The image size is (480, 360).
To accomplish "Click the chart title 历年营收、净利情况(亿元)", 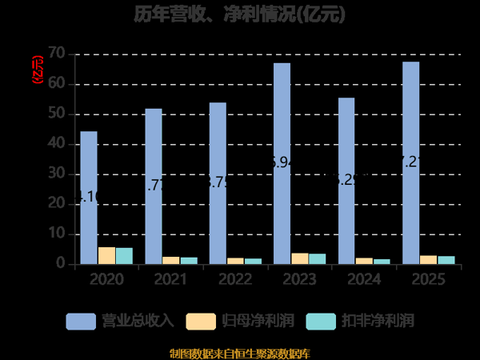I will tap(239, 15).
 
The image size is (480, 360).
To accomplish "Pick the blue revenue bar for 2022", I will tap(218, 183).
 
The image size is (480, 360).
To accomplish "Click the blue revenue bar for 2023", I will tap(282, 163).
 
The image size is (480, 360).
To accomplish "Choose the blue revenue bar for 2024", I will tap(346, 181).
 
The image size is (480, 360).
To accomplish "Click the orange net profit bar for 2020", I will tap(106, 255).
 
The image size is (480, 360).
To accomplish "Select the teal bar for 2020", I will tap(124, 256).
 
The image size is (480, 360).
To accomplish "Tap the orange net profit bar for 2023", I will tap(299, 258).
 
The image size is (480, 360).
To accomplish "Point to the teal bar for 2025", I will tap(446, 260).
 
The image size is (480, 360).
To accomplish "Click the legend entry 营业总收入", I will tap(120, 322).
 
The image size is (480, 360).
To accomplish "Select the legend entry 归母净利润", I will tap(240, 322).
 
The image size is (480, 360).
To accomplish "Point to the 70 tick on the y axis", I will tap(55, 54).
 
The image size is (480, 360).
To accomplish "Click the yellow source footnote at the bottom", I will tap(239, 353).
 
